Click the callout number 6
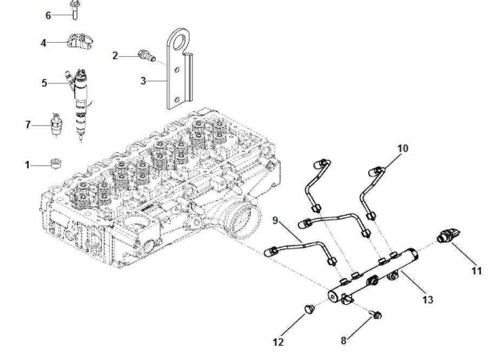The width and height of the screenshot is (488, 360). (48, 15)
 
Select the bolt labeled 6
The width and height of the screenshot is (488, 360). (73, 9)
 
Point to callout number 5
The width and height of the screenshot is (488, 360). (44, 83)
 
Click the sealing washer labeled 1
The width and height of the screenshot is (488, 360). (54, 163)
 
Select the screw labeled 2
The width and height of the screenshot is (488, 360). (144, 54)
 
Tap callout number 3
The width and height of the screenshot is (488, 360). (143, 81)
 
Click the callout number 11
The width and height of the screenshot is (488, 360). (476, 271)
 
